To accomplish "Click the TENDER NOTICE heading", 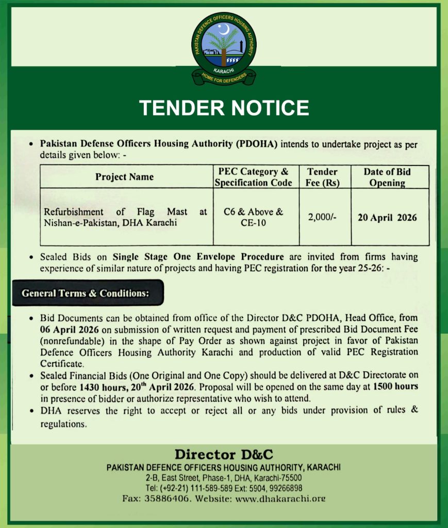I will point(224,108).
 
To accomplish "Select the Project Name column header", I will point(124,177).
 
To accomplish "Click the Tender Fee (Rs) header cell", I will point(322,177).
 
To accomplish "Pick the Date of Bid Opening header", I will point(387,177).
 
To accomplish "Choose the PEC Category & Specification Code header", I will point(254,177).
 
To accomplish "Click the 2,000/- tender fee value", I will point(322,217).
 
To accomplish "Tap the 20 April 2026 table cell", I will point(387,217).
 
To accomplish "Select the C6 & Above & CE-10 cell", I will point(254,217).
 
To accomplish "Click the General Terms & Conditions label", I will point(85,293).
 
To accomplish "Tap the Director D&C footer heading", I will point(224,455).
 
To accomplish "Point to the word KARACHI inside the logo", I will point(223,69).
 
